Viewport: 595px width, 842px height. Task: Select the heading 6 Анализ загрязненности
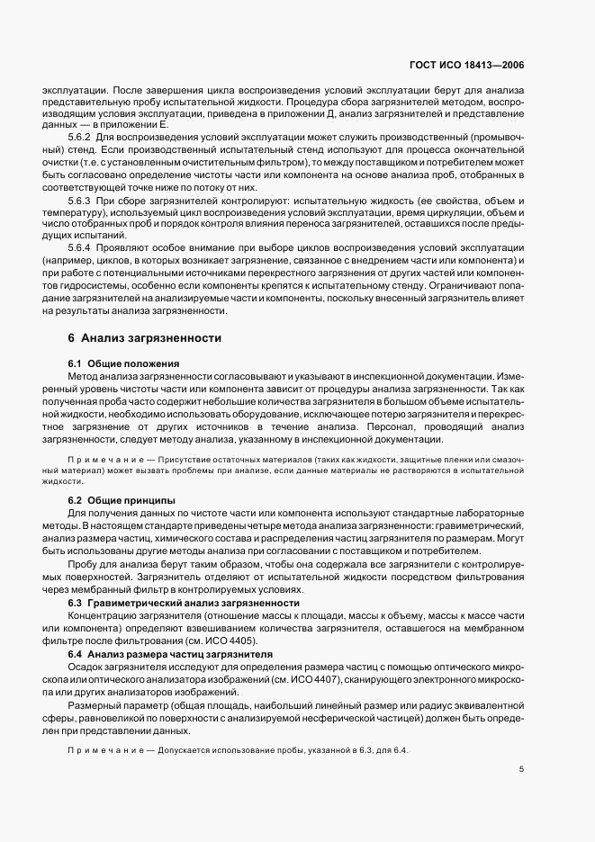(x=139, y=339)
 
